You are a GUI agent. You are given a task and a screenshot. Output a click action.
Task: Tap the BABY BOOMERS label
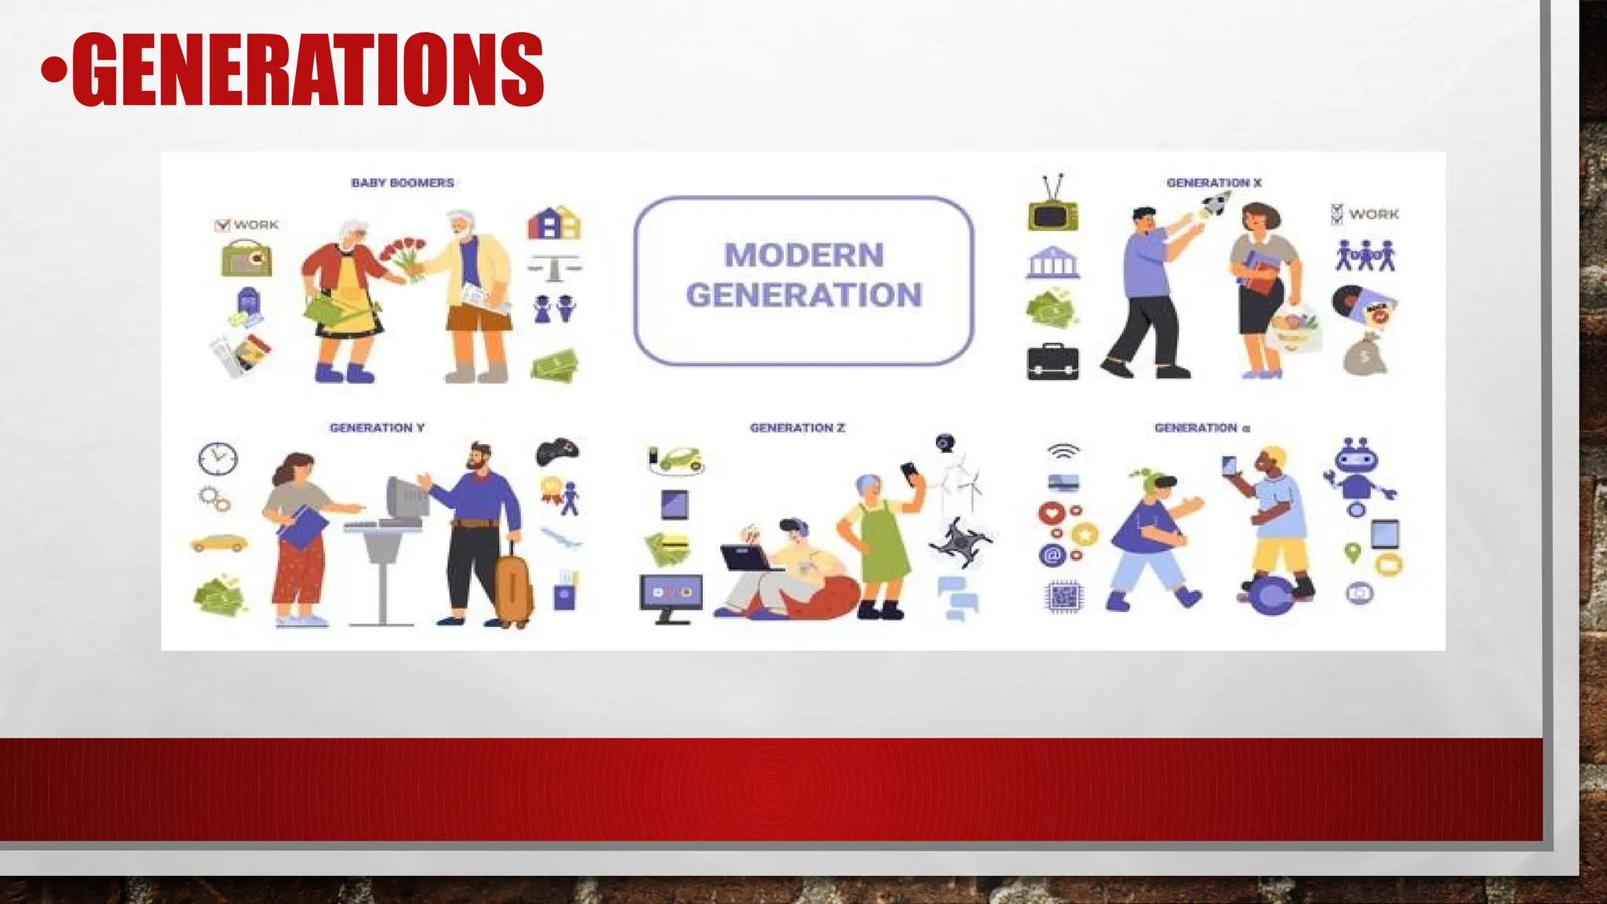(x=403, y=183)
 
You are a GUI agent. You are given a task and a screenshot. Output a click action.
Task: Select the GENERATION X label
(x=1213, y=183)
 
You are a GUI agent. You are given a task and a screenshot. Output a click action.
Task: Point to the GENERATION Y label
(x=377, y=428)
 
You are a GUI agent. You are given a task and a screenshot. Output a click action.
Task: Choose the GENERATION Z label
(x=797, y=428)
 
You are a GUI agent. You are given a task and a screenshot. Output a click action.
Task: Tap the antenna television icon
(x=1053, y=206)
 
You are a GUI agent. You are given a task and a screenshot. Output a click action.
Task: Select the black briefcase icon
(x=1053, y=363)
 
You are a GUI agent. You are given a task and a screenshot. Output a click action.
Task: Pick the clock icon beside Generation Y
(x=218, y=458)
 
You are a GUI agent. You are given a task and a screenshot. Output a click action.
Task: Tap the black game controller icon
(x=557, y=450)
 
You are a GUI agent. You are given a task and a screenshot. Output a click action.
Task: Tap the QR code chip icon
(x=1064, y=597)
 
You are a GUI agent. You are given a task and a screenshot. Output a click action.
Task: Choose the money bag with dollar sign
(x=1365, y=355)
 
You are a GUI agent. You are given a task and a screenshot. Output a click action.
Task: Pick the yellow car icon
(x=219, y=543)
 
